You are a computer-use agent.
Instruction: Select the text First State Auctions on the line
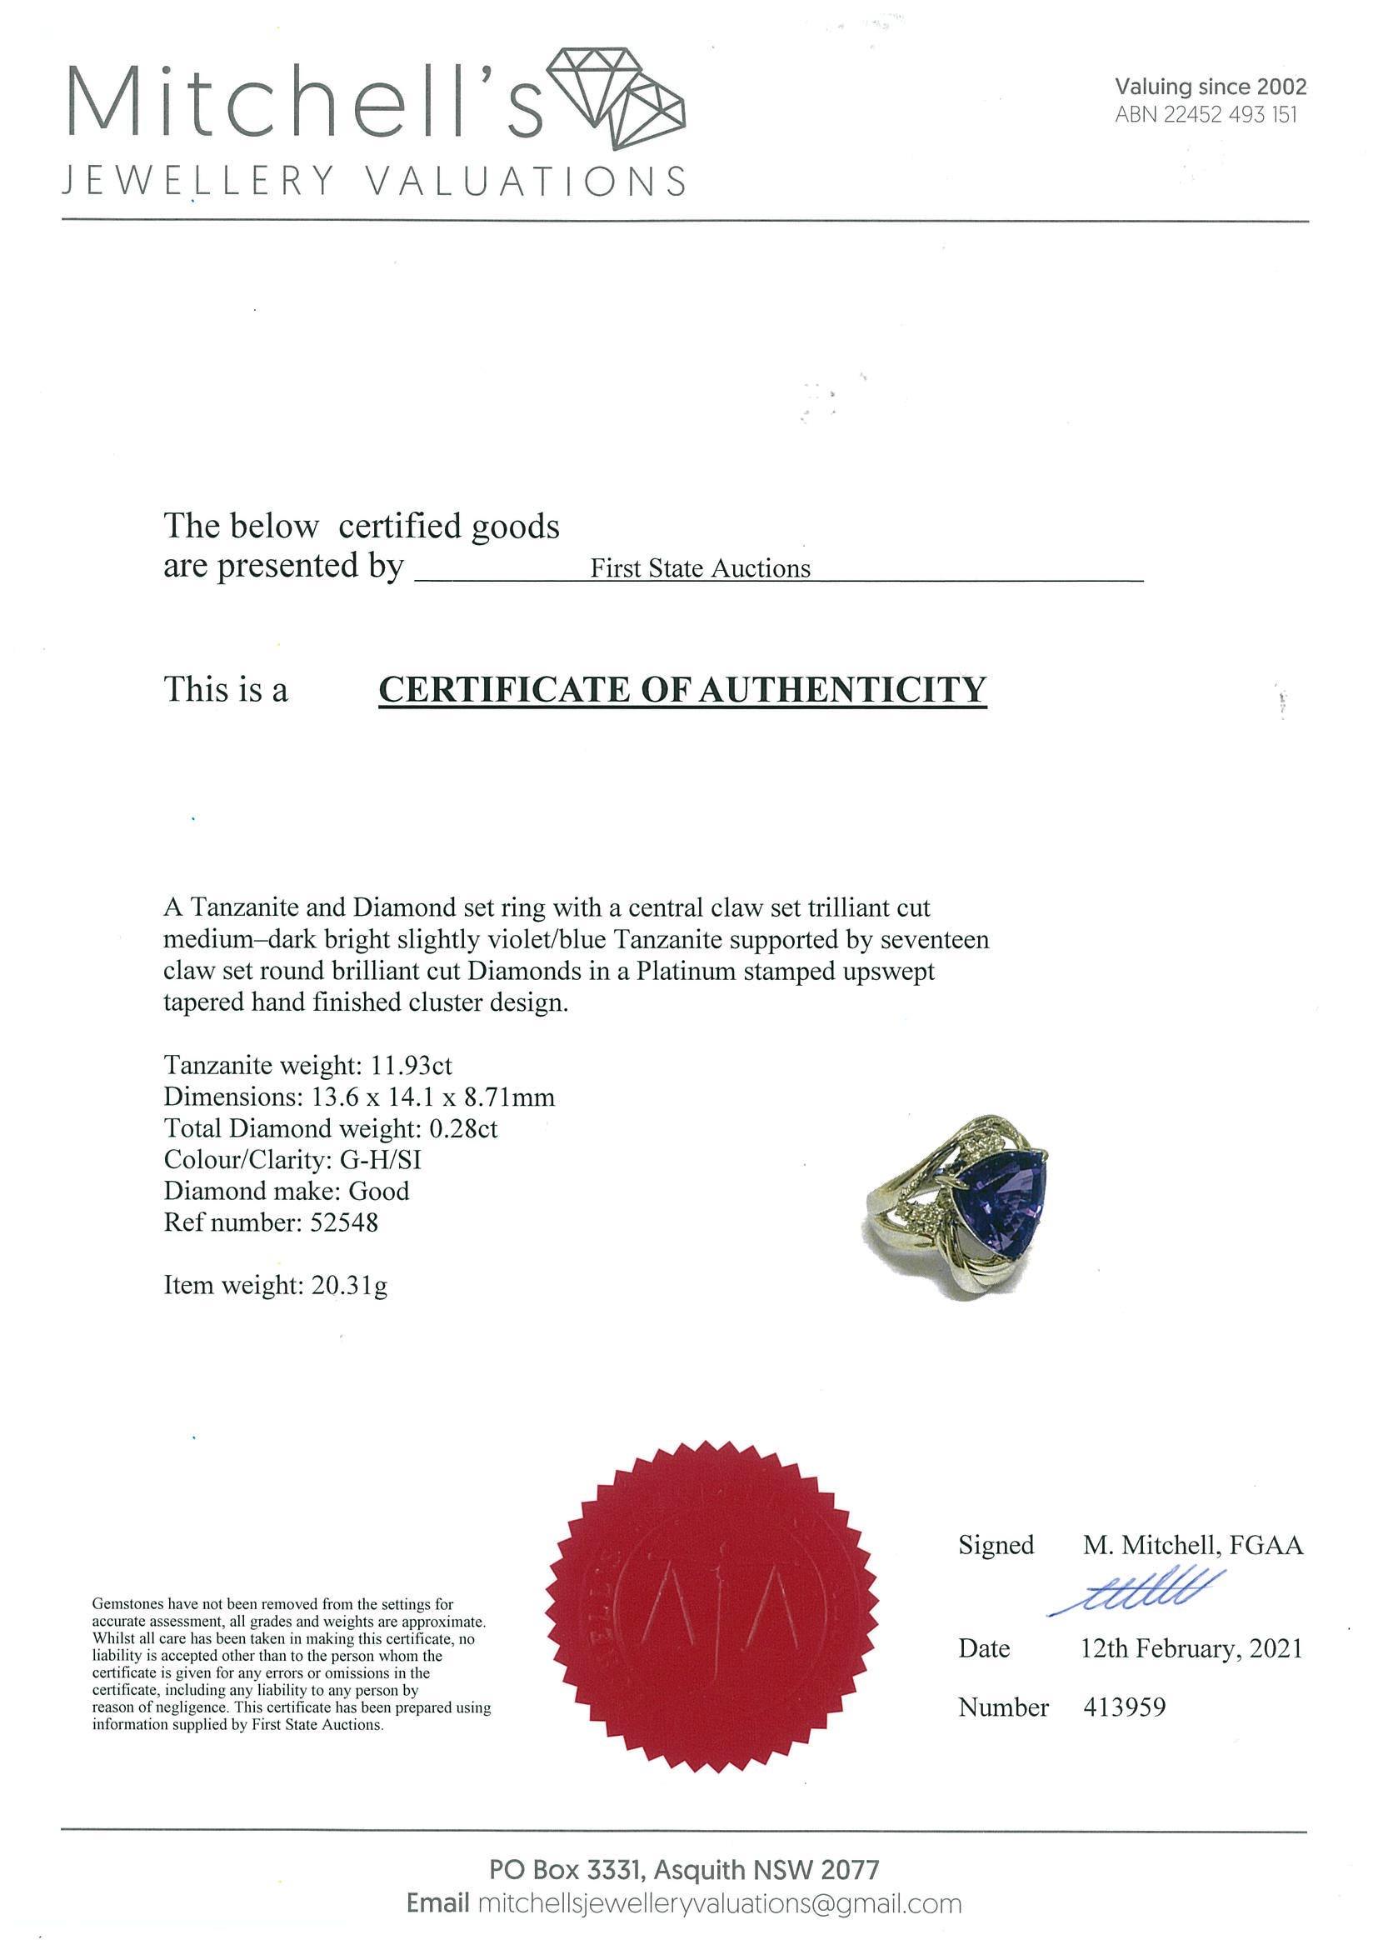[700, 568]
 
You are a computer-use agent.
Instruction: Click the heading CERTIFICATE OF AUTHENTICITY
[682, 689]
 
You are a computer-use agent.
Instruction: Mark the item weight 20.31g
[347, 1285]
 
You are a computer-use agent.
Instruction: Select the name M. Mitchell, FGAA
[1192, 1545]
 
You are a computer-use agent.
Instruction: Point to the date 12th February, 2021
[1191, 1649]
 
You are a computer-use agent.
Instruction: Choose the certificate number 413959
[1124, 1707]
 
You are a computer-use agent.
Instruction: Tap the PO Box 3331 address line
[683, 1869]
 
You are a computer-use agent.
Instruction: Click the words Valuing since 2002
[1210, 87]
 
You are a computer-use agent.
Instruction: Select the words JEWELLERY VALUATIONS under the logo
[373, 182]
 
